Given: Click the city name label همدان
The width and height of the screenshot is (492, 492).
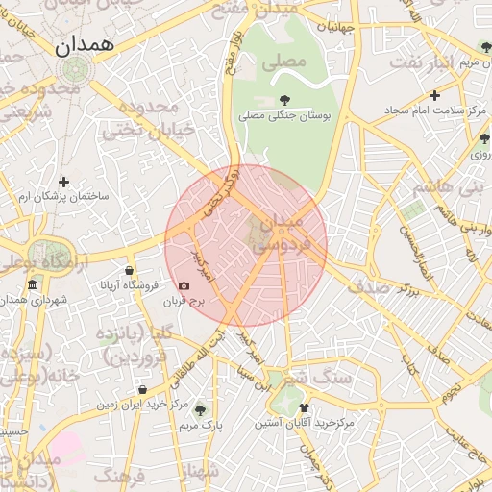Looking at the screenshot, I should [85, 45].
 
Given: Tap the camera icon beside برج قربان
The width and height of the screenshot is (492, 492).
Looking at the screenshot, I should [184, 286].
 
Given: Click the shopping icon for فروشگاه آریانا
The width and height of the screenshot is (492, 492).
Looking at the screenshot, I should [130, 271].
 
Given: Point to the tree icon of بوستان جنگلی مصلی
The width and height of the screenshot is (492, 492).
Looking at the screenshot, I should [284, 99].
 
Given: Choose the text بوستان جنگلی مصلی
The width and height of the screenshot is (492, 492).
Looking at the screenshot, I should [284, 115].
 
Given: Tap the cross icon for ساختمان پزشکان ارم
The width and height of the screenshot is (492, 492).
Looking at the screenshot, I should [64, 181].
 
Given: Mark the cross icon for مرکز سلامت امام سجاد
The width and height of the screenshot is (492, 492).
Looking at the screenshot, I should [435, 95].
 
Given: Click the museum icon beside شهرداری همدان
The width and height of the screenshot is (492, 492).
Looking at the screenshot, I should [33, 285].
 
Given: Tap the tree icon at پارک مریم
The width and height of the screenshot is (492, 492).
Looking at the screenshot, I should [200, 408].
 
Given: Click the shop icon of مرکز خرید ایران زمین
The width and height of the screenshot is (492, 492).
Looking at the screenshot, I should [142, 390].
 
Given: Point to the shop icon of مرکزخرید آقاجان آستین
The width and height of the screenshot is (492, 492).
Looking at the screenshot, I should [304, 407].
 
